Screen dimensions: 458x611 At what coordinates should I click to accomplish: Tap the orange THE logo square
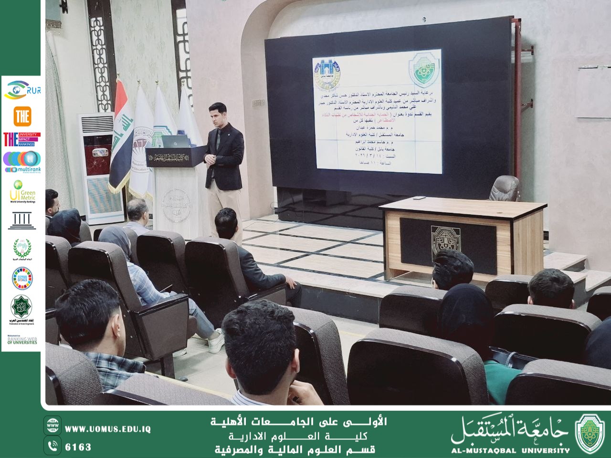(x=22, y=116)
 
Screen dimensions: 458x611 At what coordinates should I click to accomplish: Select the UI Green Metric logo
(x=22, y=191)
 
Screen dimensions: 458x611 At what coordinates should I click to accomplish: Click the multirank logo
(x=22, y=163)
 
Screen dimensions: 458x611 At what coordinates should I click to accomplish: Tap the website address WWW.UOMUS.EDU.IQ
(x=108, y=429)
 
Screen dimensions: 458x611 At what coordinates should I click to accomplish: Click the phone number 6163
(x=78, y=447)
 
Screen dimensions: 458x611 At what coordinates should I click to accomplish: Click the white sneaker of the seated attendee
(x=216, y=341)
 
